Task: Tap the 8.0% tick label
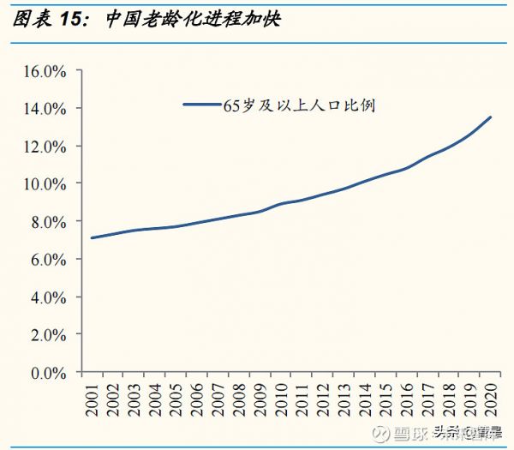[x=48, y=221]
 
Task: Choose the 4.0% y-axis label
[x=48, y=297]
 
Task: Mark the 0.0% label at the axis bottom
[x=48, y=373]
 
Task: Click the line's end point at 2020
[x=491, y=117]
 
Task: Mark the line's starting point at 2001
[x=91, y=237]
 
